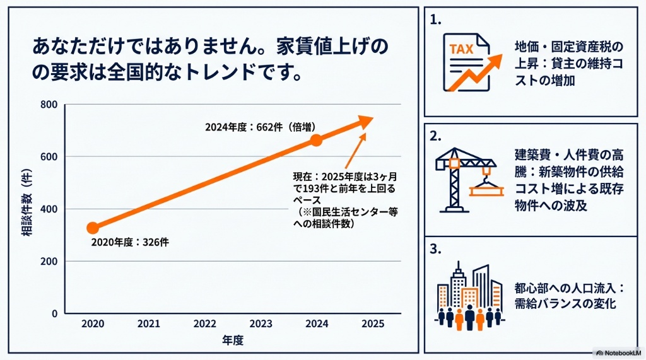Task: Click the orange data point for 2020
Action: coord(93,228)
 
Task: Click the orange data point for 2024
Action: coord(316,140)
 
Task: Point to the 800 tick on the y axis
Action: coord(49,105)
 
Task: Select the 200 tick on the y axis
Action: coord(49,261)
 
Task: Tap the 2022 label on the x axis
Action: coord(205,324)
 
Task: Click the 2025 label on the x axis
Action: coord(373,324)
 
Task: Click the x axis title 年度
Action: coord(233,340)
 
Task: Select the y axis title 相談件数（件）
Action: coord(26,202)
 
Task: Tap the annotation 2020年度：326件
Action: coord(130,242)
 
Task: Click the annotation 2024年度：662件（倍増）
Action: coord(261,127)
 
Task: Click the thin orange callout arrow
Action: coord(355,151)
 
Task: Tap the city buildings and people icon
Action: coord(469,296)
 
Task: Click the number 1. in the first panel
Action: coord(435,20)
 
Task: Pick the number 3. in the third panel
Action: coord(435,249)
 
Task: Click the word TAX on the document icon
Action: coord(461,49)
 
